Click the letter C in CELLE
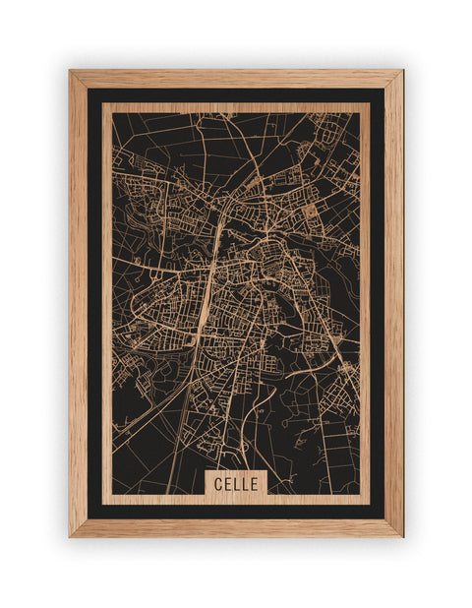coord(215,484)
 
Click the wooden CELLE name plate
coord(236,484)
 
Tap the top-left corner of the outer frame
coord(70,71)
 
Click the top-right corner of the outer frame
coord(402,71)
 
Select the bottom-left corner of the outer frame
coord(70,536)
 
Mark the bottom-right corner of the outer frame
coord(402,536)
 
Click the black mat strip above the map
coord(236,95)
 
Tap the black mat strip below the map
coord(236,512)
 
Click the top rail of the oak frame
coord(236,79)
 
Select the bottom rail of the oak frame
coord(236,528)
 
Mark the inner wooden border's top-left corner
coord(103,104)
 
